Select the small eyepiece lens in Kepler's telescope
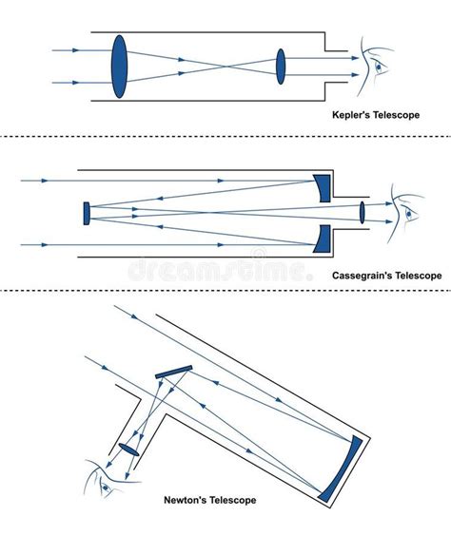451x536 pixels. [x=281, y=67]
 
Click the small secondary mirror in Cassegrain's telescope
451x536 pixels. [x=87, y=212]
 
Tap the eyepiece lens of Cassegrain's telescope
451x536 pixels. [x=362, y=212]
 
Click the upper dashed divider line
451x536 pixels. [x=225, y=137]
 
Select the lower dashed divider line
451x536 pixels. [x=225, y=291]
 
